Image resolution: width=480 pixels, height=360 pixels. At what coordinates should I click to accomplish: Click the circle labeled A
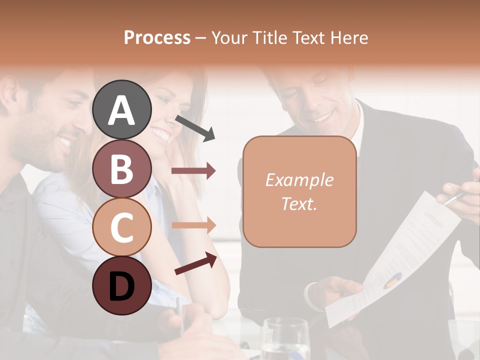click(121, 109)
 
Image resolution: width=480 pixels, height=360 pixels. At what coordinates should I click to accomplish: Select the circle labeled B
click(121, 168)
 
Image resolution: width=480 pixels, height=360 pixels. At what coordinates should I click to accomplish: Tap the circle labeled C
click(121, 227)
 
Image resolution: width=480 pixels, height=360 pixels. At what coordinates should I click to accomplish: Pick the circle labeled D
click(121, 285)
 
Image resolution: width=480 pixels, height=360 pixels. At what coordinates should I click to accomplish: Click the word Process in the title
click(157, 37)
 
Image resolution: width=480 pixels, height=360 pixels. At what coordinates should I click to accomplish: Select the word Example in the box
click(299, 180)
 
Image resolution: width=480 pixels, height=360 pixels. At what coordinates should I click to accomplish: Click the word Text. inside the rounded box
click(299, 203)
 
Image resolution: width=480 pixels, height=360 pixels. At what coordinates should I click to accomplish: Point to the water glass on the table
click(285, 340)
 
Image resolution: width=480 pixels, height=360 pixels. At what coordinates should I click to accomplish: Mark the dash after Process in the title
click(200, 38)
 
